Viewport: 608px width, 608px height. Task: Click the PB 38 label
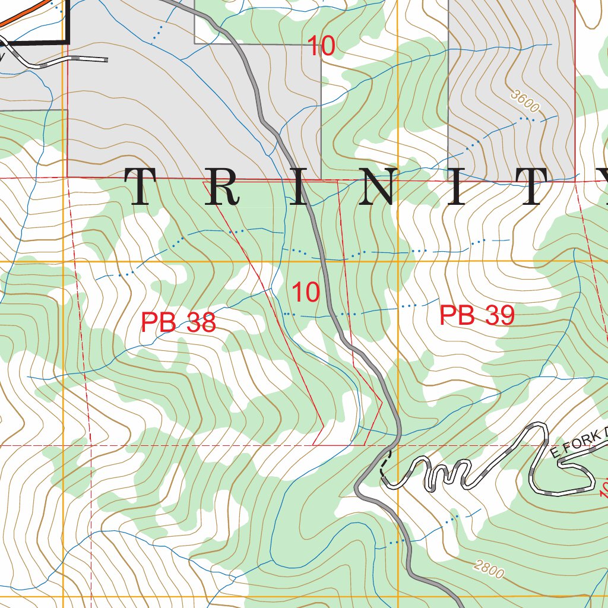coord(178,322)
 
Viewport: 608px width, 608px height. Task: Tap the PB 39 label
coord(476,315)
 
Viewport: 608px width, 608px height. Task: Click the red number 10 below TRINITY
coord(306,292)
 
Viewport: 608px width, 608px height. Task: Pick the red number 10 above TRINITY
coord(321,46)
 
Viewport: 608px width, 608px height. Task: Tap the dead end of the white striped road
coord(106,59)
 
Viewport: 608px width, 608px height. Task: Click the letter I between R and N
coord(299,186)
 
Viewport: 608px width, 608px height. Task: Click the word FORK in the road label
coord(585,443)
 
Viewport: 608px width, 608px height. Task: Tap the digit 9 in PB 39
coord(504,315)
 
